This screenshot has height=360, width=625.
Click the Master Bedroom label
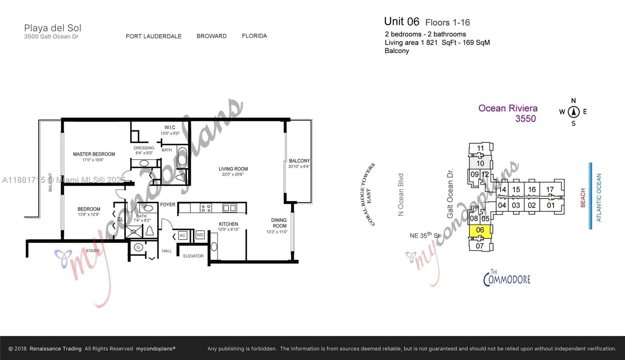pos(94,154)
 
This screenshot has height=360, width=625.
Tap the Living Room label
pos(233,169)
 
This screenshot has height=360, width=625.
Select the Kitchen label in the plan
pos(229,224)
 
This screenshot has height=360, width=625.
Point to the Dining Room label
pos(279,223)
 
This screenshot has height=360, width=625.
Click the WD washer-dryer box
pos(200,235)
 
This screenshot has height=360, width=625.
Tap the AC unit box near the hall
pos(182,235)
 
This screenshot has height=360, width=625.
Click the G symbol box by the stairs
pos(138,247)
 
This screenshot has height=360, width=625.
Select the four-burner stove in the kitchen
pos(206,208)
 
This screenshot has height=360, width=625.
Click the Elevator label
pos(193,256)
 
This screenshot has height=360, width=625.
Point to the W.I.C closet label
pos(170,127)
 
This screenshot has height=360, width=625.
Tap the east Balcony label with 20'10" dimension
pos(299,161)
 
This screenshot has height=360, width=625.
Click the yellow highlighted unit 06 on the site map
pos(480,230)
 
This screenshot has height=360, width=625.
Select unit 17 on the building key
pos(550,189)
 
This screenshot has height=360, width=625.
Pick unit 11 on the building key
pos(480,148)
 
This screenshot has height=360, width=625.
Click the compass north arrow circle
pos(573,112)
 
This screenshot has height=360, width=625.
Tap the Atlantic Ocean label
pos(599,198)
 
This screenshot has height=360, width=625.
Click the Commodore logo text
pos(507,278)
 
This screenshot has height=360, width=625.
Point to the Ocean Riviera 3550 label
pos(508,113)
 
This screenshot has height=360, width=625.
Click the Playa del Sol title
pos(53,28)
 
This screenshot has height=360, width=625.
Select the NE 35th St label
pos(425,235)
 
